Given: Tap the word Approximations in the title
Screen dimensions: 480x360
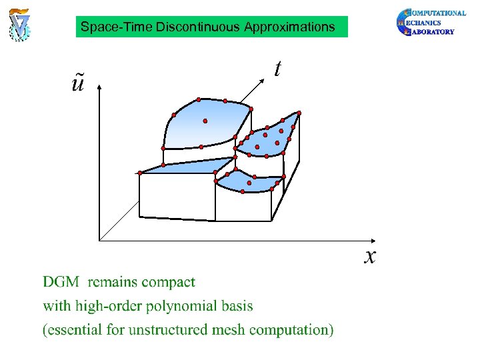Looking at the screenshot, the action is pos(289,27).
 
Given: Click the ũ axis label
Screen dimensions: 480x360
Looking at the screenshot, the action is pos(78,85).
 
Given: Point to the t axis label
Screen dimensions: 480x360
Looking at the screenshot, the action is pos(277,68).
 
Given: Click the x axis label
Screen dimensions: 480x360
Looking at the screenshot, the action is pos(370,255).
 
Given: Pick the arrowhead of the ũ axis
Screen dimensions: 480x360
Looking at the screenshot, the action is pos(99,87).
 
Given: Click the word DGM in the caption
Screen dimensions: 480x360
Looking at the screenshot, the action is pos(61,282).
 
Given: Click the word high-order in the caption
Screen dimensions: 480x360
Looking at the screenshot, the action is pos(104,307).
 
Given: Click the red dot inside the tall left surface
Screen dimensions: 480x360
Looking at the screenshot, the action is pos(205,121).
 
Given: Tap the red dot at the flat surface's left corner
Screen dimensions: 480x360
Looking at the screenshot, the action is pos(140,173).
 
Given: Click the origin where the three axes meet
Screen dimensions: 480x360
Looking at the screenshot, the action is pos(99,240).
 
